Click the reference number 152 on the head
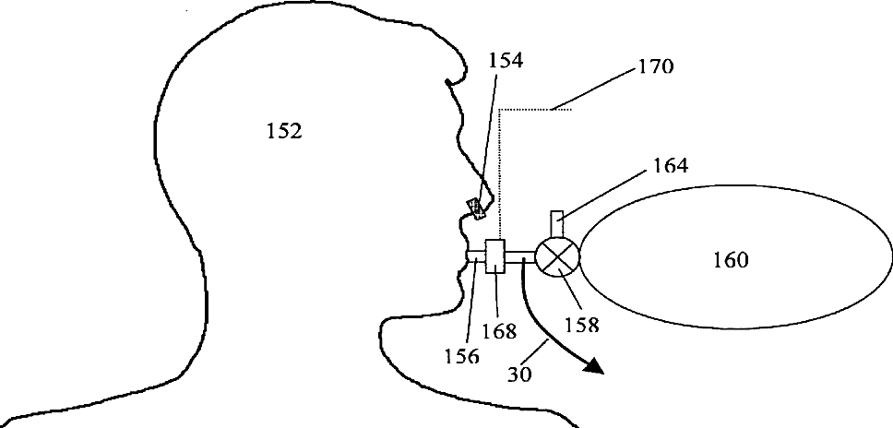(283, 132)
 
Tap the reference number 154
(506, 63)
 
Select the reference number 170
(655, 67)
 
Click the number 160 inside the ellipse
(731, 261)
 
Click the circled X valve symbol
(558, 256)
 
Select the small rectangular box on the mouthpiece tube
(495, 256)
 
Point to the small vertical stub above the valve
(556, 223)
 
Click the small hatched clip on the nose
(477, 208)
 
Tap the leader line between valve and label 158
(572, 294)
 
